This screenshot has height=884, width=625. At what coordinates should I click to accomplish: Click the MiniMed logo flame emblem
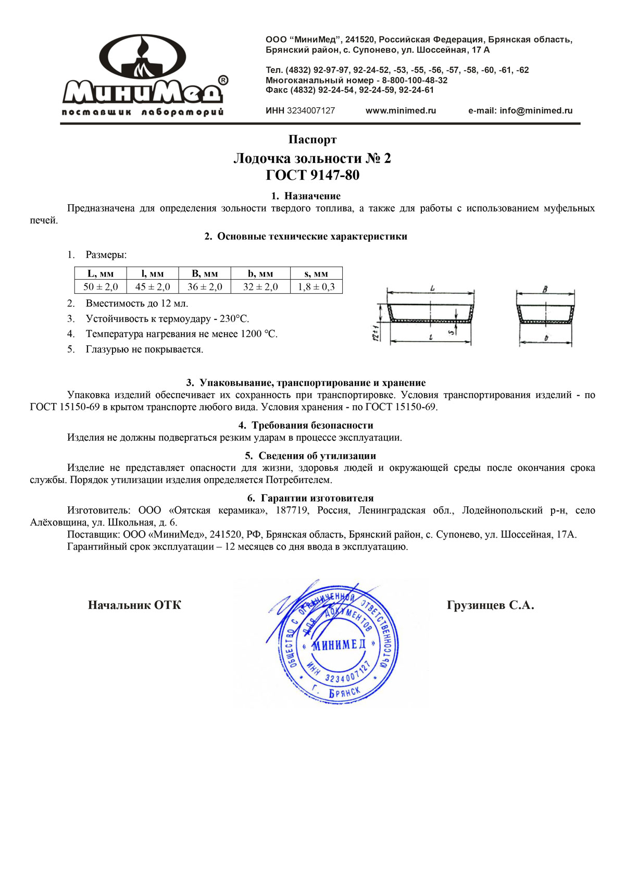(142, 57)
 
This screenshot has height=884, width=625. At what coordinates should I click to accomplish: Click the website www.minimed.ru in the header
(401, 110)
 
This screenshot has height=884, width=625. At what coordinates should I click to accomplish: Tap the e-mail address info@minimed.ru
(536, 110)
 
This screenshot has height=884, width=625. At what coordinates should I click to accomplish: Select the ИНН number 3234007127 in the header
(311, 110)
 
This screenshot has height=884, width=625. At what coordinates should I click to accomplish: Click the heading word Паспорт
(312, 140)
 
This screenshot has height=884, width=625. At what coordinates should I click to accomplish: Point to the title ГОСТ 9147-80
(312, 175)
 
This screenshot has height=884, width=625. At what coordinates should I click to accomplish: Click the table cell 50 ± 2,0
(101, 287)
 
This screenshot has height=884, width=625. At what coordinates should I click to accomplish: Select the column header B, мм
(205, 273)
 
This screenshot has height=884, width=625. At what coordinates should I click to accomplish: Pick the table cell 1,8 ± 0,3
(316, 287)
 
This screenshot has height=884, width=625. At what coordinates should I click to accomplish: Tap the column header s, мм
(316, 273)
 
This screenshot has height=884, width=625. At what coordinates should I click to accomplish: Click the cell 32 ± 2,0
(260, 287)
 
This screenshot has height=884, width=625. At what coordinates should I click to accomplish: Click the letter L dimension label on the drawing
(432, 288)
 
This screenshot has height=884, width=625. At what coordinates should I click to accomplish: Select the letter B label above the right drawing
(545, 289)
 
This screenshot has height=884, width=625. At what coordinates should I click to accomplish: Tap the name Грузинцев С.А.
(490, 605)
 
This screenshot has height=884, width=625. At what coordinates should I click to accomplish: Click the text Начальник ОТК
(134, 605)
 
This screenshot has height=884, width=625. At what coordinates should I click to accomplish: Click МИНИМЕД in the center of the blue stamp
(339, 645)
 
